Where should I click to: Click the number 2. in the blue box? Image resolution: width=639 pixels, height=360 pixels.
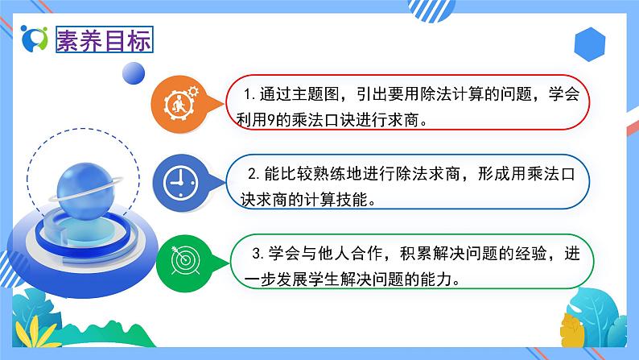click(x=252, y=174)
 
